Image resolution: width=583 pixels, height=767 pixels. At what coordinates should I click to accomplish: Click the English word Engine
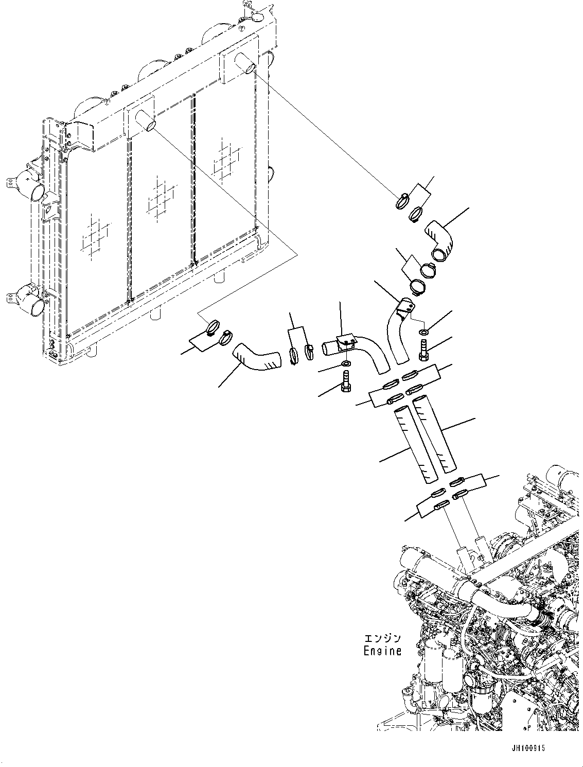[x=382, y=651]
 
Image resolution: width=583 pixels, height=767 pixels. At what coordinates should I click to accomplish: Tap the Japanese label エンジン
[x=382, y=639]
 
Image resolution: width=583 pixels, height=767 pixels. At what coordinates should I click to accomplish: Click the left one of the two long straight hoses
[x=415, y=446]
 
